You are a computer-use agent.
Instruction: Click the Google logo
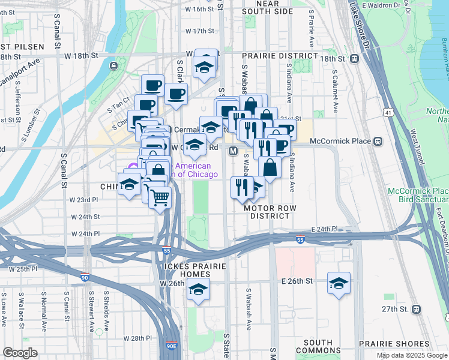pos(20,353)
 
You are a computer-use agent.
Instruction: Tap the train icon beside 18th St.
pos(355,59)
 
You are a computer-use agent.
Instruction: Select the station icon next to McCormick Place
pos(378,142)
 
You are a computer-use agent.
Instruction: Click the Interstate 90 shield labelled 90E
pos(171,346)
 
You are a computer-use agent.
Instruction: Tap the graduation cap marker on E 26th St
pos(339,284)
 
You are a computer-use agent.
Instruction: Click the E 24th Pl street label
pos(325,229)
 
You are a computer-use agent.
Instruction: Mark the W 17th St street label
pos(200,31)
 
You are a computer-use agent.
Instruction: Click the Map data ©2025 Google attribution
pos(412,355)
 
